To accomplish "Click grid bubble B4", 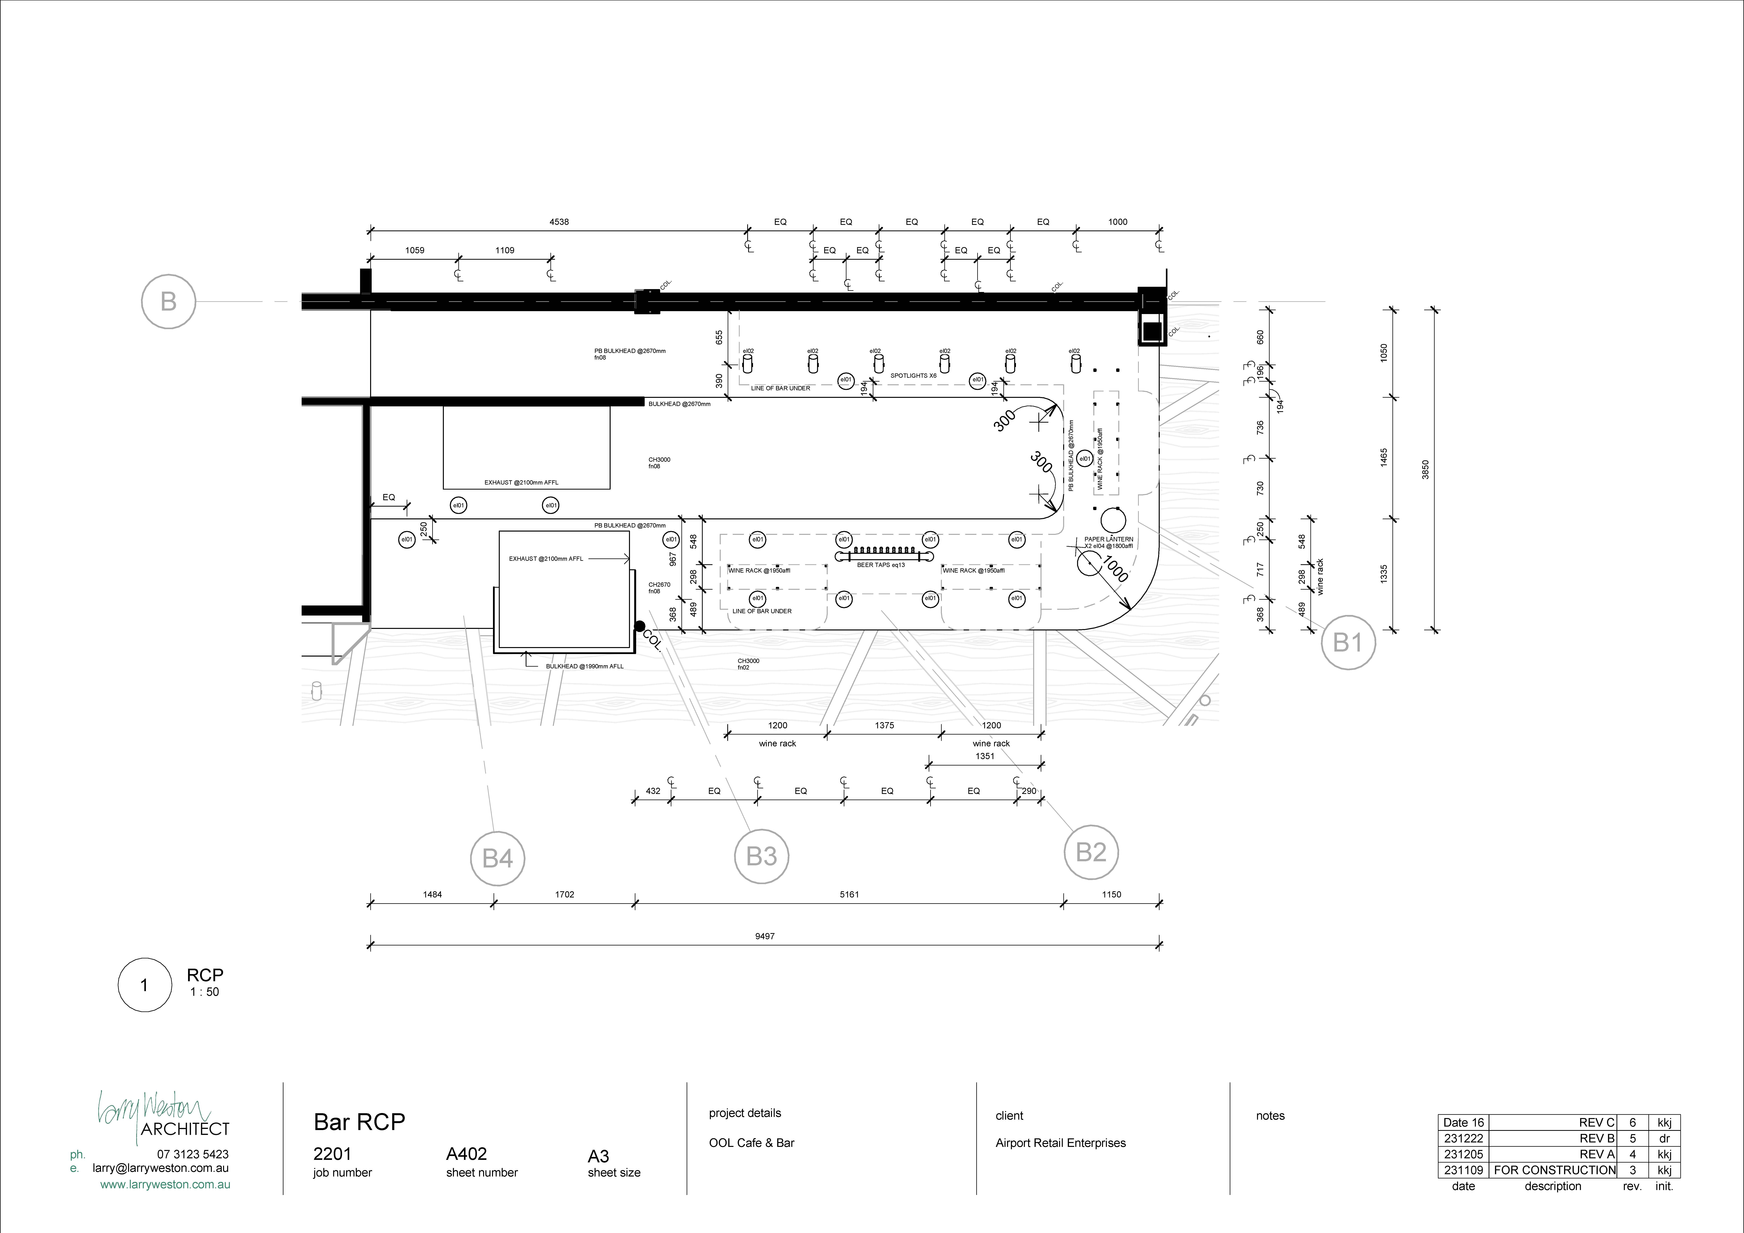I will click(498, 858).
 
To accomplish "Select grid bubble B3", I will click(761, 856).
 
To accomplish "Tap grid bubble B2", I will click(1091, 852).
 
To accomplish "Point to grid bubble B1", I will click(1348, 643).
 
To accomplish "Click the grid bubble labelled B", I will click(169, 302).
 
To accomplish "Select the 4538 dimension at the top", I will click(559, 222).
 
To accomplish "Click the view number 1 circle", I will click(144, 985).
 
